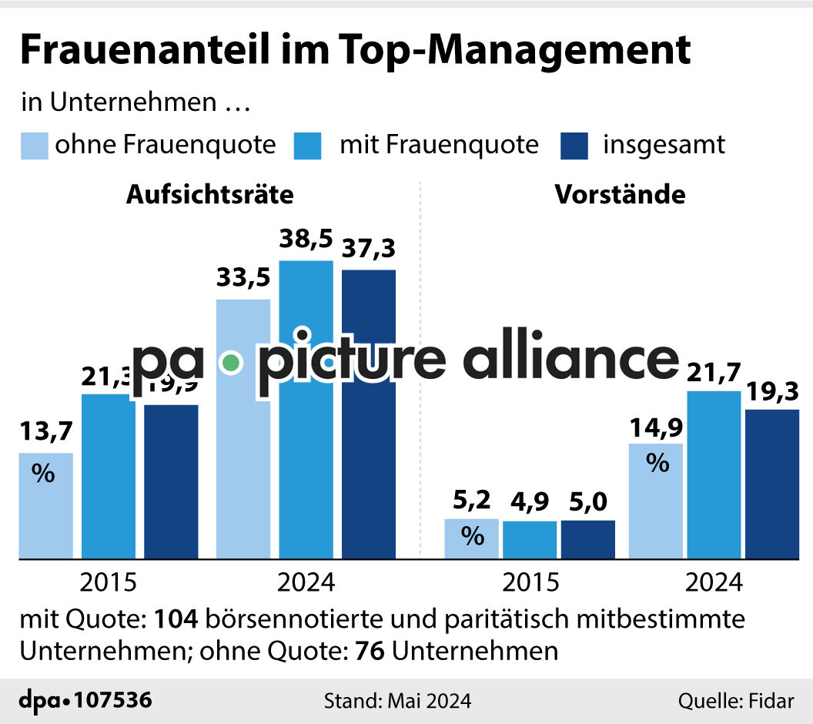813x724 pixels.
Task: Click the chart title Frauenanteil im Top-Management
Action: pyautogui.click(x=355, y=51)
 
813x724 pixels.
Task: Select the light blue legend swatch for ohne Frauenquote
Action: pyautogui.click(x=34, y=146)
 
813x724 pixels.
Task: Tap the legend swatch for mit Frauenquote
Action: pyautogui.click(x=307, y=146)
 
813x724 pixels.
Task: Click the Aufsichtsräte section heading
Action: pyautogui.click(x=210, y=195)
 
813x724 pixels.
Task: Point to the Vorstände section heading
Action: pyautogui.click(x=621, y=195)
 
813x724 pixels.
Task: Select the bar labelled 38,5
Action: pyautogui.click(x=306, y=431)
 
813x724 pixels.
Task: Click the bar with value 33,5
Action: pyautogui.click(x=243, y=462)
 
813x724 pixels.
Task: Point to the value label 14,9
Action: pyautogui.click(x=656, y=426)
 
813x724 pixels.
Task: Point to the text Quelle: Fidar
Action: pyautogui.click(x=734, y=701)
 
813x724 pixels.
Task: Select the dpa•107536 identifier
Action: pyautogui.click(x=85, y=701)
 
